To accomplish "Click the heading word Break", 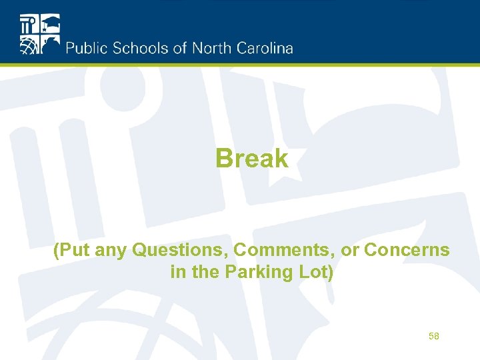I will pyautogui.click(x=252, y=159).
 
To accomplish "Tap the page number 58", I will pyautogui.click(x=434, y=337).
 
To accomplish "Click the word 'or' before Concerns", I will pyautogui.click(x=350, y=252).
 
